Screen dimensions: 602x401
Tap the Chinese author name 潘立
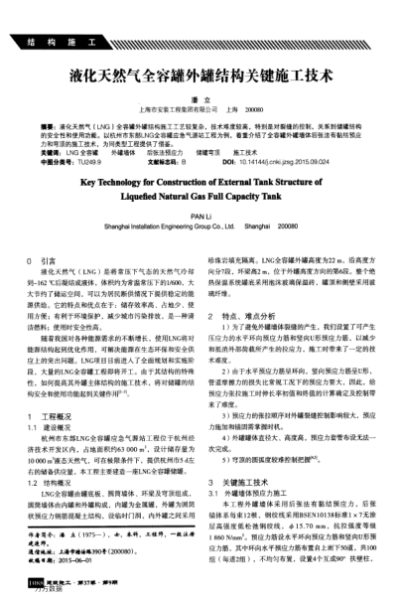pyautogui.click(x=200, y=99)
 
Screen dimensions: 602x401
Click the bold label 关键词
pyautogui.click(x=48, y=152)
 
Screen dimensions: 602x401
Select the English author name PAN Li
pyautogui.click(x=200, y=215)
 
